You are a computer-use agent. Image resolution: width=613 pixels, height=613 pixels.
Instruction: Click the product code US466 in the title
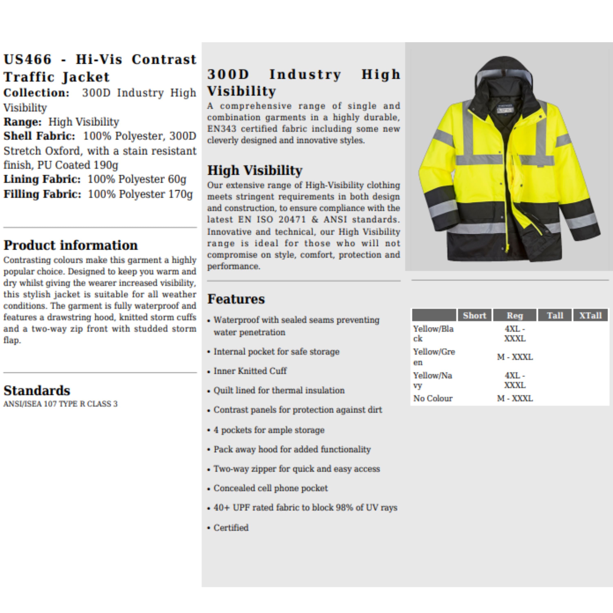pyautogui.click(x=27, y=59)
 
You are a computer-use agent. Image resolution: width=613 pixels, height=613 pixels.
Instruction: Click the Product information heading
pyautogui.click(x=70, y=245)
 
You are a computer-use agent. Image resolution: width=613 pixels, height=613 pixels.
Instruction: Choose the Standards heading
pyautogui.click(x=37, y=390)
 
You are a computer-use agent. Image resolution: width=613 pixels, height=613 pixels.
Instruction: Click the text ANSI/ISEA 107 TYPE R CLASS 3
pyautogui.click(x=60, y=404)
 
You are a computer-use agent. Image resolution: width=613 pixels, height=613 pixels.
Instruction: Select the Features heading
pyautogui.click(x=236, y=299)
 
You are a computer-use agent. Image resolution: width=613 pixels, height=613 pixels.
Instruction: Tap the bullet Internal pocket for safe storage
pyautogui.click(x=276, y=351)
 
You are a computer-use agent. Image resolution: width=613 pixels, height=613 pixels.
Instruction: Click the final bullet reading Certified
pyautogui.click(x=231, y=528)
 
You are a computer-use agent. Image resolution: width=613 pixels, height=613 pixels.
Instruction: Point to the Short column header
pyautogui.click(x=474, y=315)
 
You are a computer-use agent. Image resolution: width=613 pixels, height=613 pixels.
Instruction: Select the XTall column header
pyautogui.click(x=590, y=315)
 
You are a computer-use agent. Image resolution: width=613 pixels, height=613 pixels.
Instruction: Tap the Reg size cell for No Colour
pyautogui.click(x=515, y=398)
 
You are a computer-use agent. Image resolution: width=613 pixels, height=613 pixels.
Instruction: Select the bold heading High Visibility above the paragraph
pyautogui.click(x=255, y=170)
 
